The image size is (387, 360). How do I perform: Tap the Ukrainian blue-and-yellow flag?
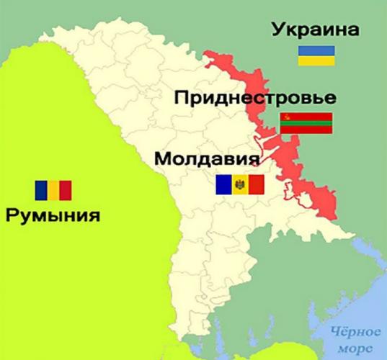[317, 57]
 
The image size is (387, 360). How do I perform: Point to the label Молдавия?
[207, 158]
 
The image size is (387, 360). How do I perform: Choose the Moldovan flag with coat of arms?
[240, 186]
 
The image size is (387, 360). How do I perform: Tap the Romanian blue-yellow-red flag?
[53, 190]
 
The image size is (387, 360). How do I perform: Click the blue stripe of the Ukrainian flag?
[317, 52]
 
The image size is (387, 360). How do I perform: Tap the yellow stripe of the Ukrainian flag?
[317, 61]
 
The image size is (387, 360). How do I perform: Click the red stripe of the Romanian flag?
[66, 190]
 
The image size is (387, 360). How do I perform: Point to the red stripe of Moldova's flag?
[257, 186]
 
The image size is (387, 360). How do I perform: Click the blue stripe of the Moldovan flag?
[223, 186]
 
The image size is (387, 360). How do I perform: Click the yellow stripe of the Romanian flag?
[53, 190]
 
